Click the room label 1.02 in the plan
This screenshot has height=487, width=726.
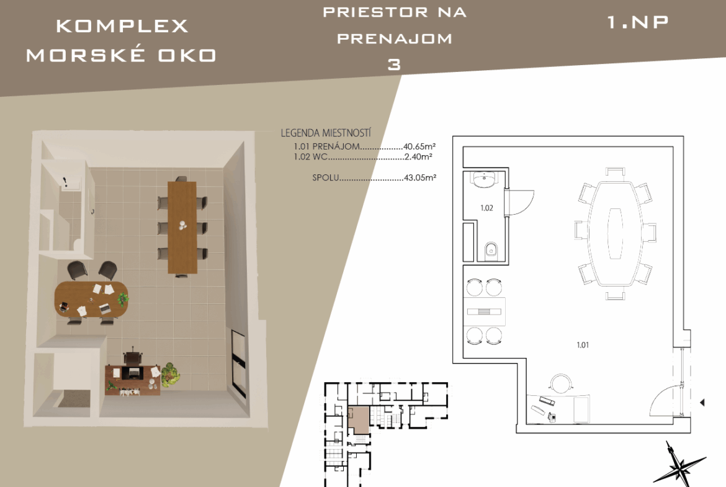(x=486, y=208)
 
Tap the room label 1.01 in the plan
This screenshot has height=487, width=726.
(x=583, y=345)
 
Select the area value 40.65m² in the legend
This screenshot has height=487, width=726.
(x=419, y=147)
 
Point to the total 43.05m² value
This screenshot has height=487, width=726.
(x=420, y=177)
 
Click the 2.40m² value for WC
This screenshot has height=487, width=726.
(x=418, y=157)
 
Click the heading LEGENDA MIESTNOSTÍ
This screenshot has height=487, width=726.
(x=326, y=133)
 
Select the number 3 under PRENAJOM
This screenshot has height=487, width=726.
(x=394, y=65)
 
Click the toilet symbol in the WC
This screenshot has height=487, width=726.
(x=491, y=251)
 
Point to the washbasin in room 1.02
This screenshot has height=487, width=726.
(x=484, y=180)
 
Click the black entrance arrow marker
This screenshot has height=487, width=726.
(x=702, y=403)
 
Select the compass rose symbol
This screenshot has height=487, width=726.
(x=679, y=465)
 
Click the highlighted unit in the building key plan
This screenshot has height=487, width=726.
(x=359, y=420)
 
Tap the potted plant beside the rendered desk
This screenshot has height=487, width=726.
(x=170, y=374)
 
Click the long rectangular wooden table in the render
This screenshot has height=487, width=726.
(x=182, y=227)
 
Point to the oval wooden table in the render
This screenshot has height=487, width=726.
(x=91, y=300)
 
